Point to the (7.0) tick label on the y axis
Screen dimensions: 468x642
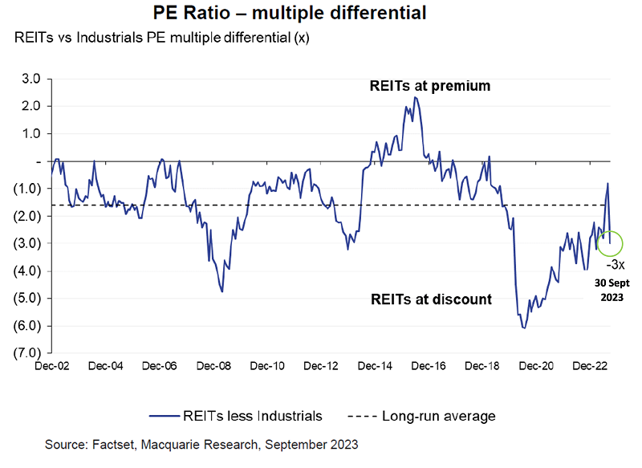pyautogui.click(x=29, y=352)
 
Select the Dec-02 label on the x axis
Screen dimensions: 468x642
pyautogui.click(x=51, y=366)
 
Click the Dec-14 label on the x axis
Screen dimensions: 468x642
pyautogui.click(x=375, y=366)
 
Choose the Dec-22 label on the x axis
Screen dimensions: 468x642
pyautogui.click(x=591, y=366)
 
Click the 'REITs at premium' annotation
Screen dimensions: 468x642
pyautogui.click(x=429, y=85)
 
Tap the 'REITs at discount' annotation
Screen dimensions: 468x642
pyautogui.click(x=430, y=299)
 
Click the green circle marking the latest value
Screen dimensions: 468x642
pyautogui.click(x=611, y=242)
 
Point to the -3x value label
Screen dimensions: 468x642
pyautogui.click(x=616, y=264)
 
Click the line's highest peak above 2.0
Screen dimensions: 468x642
pyautogui.click(x=414, y=97)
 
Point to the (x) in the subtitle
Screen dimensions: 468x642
pyautogui.click(x=299, y=38)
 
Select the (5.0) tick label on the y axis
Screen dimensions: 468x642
pyautogui.click(x=29, y=298)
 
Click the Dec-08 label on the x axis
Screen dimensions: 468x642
pyautogui.click(x=213, y=366)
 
